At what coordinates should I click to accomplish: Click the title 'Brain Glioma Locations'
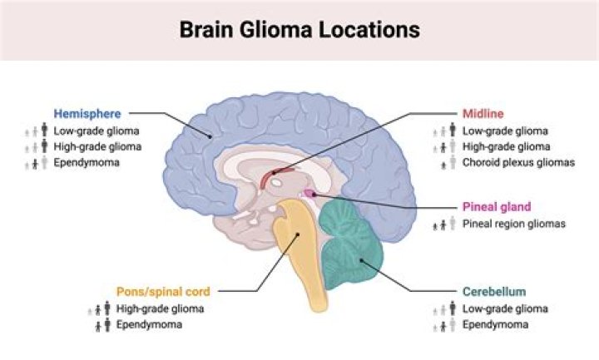299,30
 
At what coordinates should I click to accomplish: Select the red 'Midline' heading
483,113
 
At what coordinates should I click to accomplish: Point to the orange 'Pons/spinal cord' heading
163,291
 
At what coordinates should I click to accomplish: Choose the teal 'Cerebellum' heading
493,291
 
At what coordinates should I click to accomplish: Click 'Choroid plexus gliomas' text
518,162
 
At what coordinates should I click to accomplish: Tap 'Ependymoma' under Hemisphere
87,162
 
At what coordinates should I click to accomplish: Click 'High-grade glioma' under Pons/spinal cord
160,308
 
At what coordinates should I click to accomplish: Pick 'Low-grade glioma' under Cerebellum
505,308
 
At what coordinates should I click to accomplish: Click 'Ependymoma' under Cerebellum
495,325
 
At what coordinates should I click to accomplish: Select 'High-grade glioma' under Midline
506,146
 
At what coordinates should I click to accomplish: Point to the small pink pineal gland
309,194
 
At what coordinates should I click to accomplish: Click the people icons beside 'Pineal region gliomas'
443,224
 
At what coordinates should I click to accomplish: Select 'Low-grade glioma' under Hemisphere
97,131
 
